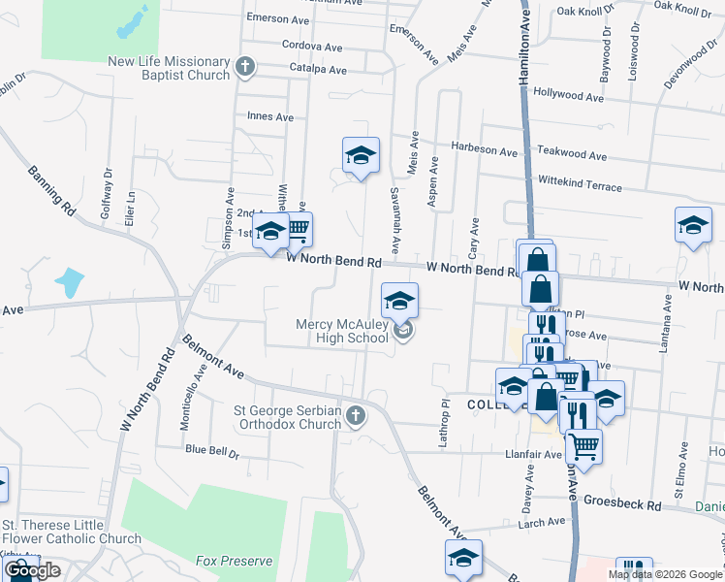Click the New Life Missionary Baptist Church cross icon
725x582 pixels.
coord(245,68)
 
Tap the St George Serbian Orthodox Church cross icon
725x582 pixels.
coord(356,416)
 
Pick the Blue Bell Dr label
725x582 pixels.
coord(211,450)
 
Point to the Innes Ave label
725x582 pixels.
coord(270,117)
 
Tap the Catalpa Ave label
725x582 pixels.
coord(318,70)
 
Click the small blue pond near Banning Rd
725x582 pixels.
coord(69,282)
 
